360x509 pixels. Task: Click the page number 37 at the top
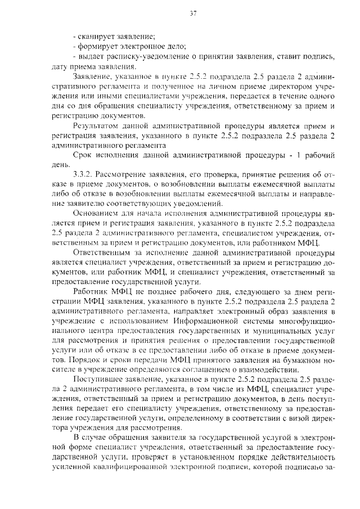[x=193, y=13]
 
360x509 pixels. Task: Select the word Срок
[x=84, y=155]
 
